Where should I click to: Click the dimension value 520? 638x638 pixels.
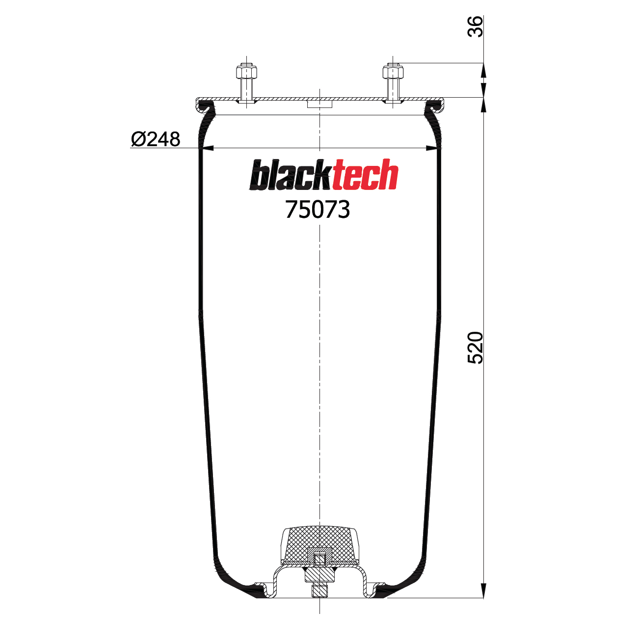click(x=475, y=347)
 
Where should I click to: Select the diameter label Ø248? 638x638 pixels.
click(x=156, y=139)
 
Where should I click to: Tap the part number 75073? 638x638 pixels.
click(x=318, y=210)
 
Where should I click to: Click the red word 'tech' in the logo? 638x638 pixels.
click(x=365, y=175)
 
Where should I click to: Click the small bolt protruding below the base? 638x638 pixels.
click(x=319, y=591)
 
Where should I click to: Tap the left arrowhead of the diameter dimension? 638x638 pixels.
click(x=207, y=148)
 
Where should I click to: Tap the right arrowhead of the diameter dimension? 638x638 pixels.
click(x=432, y=148)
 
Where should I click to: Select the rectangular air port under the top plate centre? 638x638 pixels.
click(x=319, y=104)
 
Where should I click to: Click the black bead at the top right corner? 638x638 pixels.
click(x=433, y=105)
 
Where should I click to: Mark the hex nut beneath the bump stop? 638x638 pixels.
click(x=319, y=574)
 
